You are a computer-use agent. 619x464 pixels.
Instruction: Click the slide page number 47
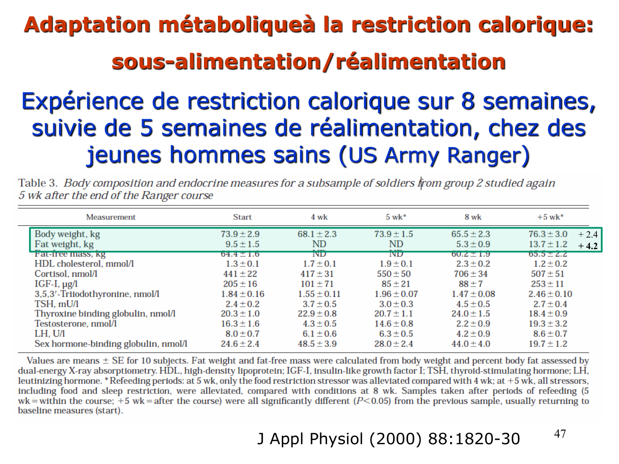click(560, 434)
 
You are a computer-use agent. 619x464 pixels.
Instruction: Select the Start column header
click(242, 217)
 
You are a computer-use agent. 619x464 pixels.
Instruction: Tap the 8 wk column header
click(473, 217)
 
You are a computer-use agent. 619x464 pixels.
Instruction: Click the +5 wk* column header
click(550, 217)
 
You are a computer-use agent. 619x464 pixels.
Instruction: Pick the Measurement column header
click(111, 217)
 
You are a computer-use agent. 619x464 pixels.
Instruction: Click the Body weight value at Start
click(240, 234)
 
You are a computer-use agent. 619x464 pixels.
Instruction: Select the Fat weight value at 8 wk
click(473, 244)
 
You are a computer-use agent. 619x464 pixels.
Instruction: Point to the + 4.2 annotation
click(588, 246)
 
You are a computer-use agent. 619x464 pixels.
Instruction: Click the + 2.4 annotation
click(588, 235)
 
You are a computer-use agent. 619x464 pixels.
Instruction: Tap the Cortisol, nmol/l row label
click(66, 274)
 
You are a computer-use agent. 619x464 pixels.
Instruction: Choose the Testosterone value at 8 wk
click(473, 324)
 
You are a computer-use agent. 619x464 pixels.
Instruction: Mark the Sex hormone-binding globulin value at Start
click(240, 344)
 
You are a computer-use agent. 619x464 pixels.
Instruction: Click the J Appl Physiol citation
click(388, 439)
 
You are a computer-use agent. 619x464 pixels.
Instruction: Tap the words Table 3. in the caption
click(38, 183)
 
